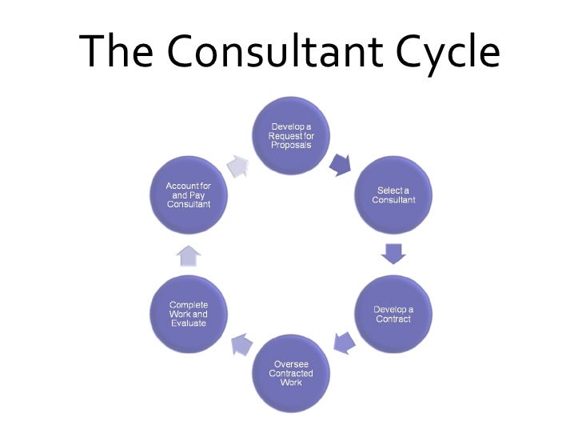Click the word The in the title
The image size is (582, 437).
120,52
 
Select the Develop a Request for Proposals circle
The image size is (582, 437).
292,137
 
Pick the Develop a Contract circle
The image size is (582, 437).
393,315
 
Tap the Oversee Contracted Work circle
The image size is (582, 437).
292,372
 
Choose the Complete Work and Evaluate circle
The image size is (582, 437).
189,315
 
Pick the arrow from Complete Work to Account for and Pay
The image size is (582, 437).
188,255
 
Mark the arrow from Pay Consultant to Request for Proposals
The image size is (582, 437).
238,165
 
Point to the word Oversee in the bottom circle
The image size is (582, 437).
291,364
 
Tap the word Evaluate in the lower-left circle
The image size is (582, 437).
189,323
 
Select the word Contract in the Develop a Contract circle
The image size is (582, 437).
393,319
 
